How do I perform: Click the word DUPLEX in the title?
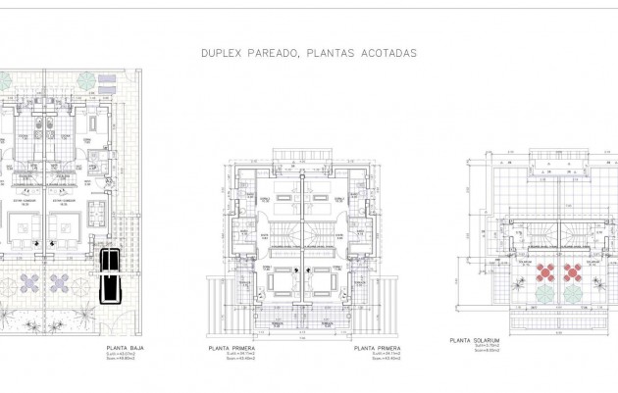pyautogui.click(x=221, y=53)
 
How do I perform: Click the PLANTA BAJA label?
pyautogui.click(x=125, y=348)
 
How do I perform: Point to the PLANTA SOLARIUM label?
pyautogui.click(x=475, y=340)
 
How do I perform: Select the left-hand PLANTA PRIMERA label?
pyautogui.click(x=232, y=348)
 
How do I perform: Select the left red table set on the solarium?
pyautogui.click(x=546, y=270)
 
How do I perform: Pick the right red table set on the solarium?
pyautogui.click(x=571, y=270)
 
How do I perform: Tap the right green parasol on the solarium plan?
pyautogui.click(x=573, y=292)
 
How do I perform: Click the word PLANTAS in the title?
pyautogui.click(x=328, y=53)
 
